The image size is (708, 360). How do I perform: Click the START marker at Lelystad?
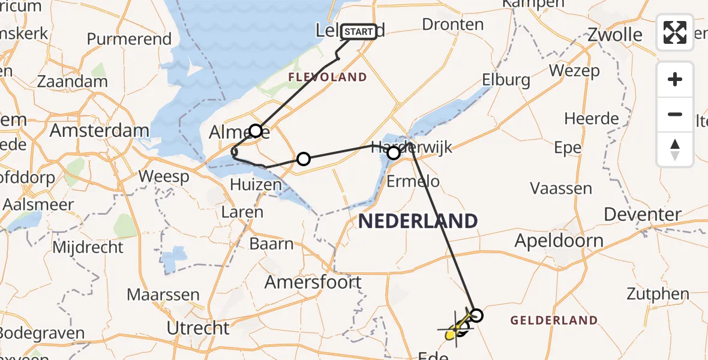point(359,31)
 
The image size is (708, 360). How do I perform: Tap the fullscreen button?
point(675,32)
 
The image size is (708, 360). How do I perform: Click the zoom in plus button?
point(675,79)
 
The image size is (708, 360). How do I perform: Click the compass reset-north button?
point(675,149)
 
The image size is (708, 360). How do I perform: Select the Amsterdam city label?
point(100,130)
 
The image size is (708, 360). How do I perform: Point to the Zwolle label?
point(615,34)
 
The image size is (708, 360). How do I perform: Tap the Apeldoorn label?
point(559,241)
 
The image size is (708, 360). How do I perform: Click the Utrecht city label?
point(198,328)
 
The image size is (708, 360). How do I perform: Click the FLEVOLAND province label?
point(327,77)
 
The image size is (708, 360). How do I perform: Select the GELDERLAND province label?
point(554,320)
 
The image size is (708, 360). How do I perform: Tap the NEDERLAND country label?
point(418,221)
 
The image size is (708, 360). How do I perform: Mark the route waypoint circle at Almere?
point(256,131)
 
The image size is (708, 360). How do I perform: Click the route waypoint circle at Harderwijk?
point(394,154)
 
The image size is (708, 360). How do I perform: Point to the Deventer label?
point(643,214)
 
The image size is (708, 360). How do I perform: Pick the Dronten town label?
point(453,25)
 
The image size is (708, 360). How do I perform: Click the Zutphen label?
point(658,294)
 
